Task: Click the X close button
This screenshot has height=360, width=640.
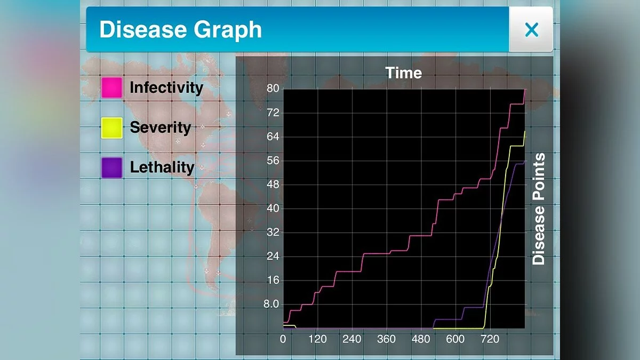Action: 531,30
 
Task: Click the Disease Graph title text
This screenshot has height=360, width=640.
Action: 180,30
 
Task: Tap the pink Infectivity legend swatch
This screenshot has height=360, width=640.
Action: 112,87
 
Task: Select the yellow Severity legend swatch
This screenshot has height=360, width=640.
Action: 112,128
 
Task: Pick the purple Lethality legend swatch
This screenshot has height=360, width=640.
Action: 112,167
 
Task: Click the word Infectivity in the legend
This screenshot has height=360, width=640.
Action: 166,87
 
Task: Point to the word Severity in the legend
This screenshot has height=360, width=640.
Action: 160,127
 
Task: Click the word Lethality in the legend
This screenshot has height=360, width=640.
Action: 162,167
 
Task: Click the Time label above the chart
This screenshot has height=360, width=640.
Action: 404,73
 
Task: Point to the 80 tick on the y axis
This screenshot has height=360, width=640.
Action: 273,89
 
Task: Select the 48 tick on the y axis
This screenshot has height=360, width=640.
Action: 273,185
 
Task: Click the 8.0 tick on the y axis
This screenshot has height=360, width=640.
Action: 271,305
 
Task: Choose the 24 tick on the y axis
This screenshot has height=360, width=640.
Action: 273,257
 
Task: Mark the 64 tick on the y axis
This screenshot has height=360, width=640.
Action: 273,137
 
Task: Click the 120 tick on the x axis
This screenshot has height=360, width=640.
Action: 317,339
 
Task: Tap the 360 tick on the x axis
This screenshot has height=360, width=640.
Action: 386,339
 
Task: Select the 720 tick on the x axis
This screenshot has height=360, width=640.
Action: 490,339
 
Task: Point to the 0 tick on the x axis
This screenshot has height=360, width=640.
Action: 283,339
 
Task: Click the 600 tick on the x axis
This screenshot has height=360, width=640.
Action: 455,339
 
